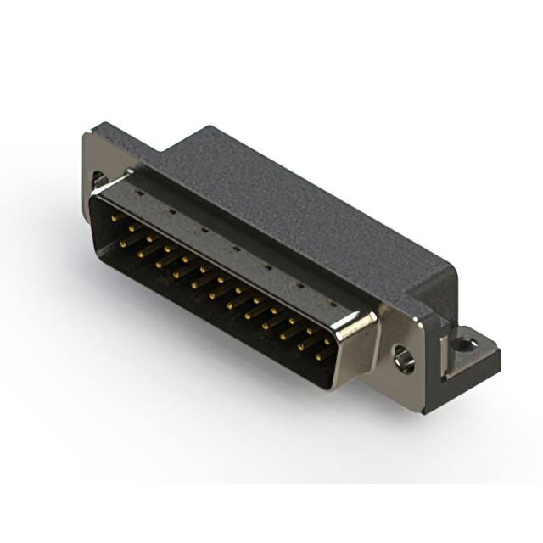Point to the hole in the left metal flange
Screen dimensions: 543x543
pos(99,180)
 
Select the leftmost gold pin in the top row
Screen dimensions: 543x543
pos(115,218)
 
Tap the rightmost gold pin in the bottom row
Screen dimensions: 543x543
pos(319,356)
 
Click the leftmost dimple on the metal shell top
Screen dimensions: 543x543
pos(138,192)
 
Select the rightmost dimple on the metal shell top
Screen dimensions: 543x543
pos(333,304)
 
